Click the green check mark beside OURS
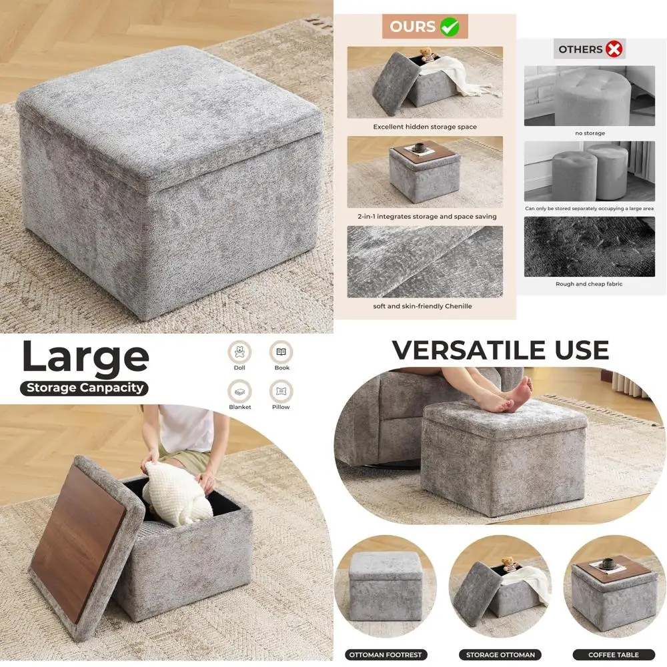(x=450, y=27)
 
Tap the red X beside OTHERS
(x=614, y=49)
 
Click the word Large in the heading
(x=85, y=358)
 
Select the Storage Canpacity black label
(x=84, y=388)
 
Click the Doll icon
(x=239, y=352)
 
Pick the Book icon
(x=281, y=352)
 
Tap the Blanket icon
(x=239, y=391)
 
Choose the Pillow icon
(x=281, y=391)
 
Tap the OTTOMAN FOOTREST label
(x=385, y=654)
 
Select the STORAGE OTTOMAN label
(x=500, y=654)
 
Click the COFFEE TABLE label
(x=614, y=654)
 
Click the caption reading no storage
(x=590, y=133)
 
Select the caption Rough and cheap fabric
(x=589, y=284)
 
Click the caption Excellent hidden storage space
(x=425, y=127)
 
